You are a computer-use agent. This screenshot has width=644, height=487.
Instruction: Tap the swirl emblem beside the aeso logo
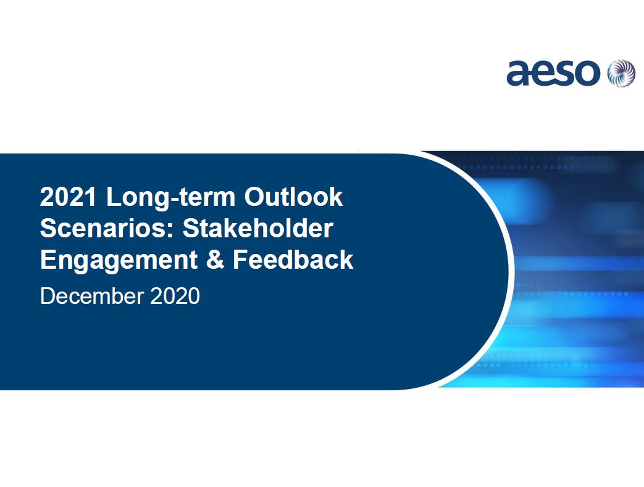pos(621,73)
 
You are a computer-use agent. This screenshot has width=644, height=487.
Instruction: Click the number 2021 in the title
pos(68,197)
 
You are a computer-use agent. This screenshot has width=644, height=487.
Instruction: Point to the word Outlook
pos(293,197)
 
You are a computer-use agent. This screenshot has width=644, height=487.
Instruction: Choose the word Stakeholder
pos(257,228)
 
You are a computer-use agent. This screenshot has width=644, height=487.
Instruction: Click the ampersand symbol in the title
pos(215,260)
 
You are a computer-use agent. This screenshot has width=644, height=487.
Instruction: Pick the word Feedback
pos(293,260)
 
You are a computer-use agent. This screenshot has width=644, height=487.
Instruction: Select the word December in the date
pos(92,296)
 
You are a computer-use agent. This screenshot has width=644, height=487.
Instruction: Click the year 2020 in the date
pos(175,296)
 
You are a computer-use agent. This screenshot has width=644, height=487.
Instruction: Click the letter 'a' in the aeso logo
pos(518,74)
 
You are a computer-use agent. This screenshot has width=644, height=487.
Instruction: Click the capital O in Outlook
pos(255,197)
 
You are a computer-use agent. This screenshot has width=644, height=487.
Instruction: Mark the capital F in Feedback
pos(240,260)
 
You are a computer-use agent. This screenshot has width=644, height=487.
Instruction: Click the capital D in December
pos(47,296)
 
